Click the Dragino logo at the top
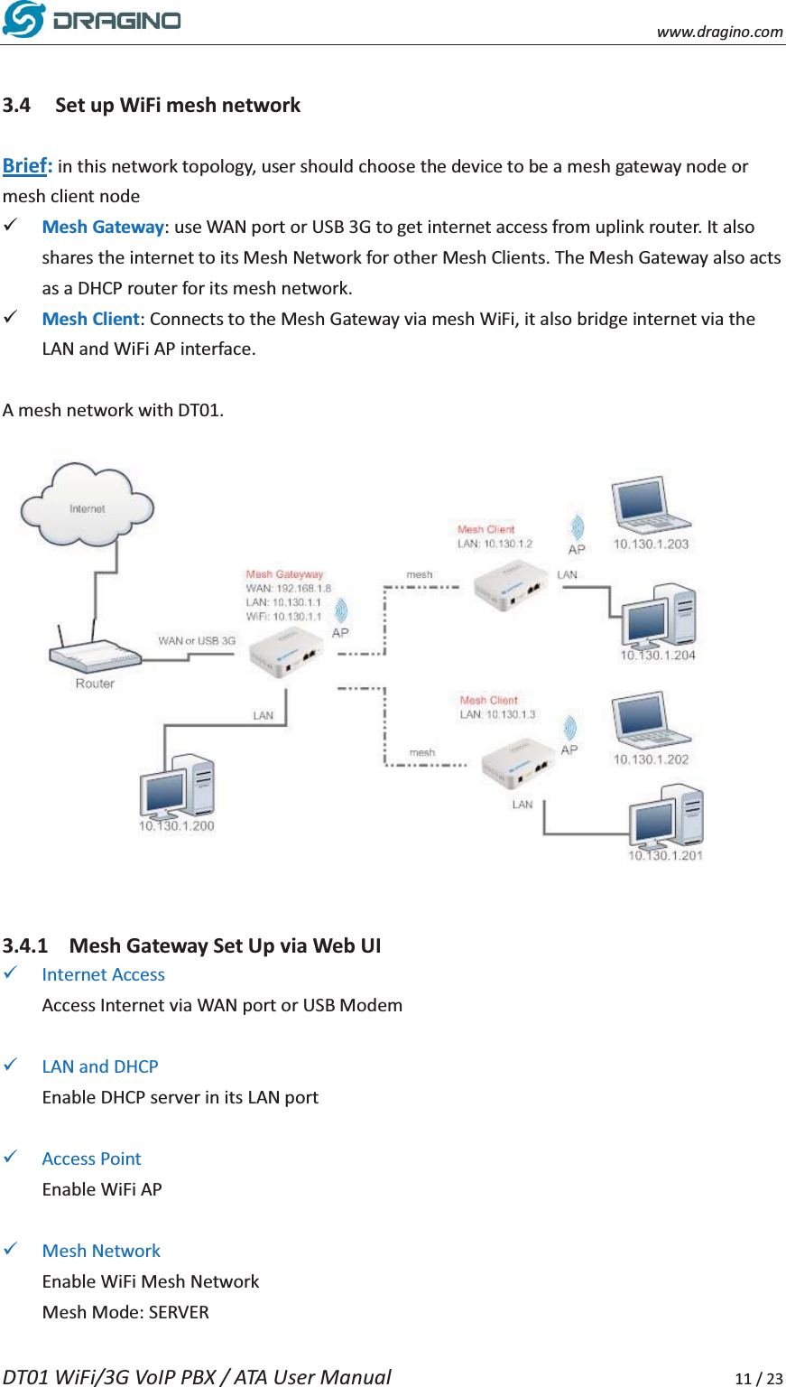point(91,20)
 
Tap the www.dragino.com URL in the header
point(719,32)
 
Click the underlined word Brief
point(26,165)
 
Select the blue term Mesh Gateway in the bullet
point(103,227)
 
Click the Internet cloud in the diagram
point(88,507)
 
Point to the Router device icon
point(94,655)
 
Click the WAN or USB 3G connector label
point(197,640)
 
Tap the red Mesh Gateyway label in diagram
point(284,574)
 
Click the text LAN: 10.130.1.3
point(497,714)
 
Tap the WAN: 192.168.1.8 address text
point(288,588)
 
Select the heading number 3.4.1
point(25,945)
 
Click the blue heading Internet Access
point(103,974)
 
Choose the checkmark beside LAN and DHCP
point(12,1066)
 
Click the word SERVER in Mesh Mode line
point(179,1312)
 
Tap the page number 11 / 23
point(758,1378)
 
